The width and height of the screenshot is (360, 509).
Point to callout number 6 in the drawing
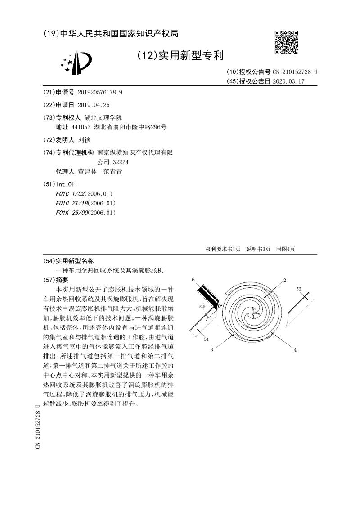coord(193,280)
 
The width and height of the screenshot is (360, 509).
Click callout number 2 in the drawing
coord(285,280)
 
